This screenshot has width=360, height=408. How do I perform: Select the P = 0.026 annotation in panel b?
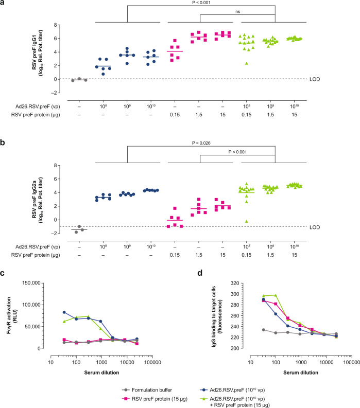(x=201, y=145)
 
